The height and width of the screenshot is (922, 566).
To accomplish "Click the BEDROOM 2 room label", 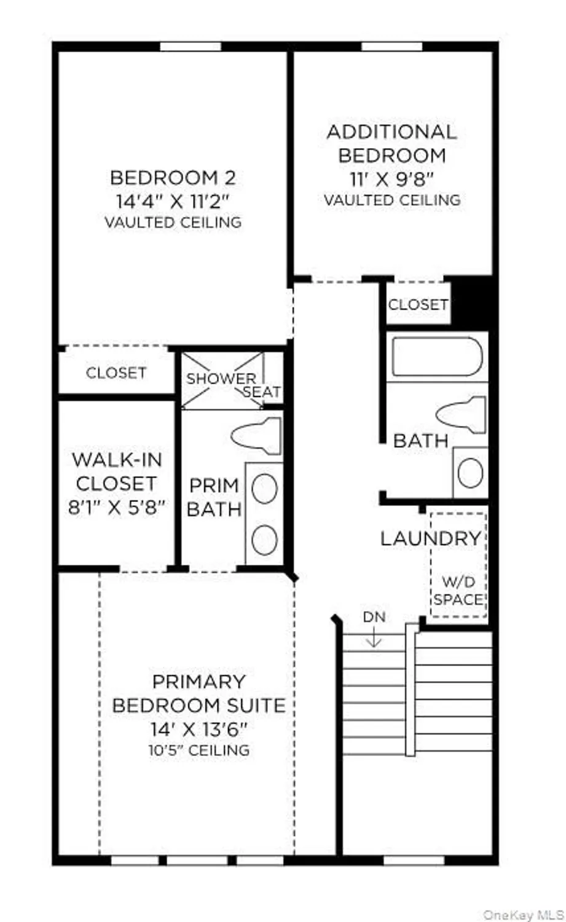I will [173, 178].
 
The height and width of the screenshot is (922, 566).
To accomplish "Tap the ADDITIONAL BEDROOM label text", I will [391, 143].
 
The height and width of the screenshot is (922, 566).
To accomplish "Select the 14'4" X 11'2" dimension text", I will [173, 201].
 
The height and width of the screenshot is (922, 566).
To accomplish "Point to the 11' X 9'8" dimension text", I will [392, 178].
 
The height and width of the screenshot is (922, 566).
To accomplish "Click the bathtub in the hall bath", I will [437, 356].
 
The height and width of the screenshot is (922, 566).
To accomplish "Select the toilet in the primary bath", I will [257, 435].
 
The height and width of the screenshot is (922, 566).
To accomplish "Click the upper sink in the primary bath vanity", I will [264, 489].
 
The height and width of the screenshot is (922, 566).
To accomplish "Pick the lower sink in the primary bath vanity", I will [264, 539].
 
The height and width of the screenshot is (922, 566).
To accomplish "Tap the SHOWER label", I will [221, 379].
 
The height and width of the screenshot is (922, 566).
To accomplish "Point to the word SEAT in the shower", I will [262, 392].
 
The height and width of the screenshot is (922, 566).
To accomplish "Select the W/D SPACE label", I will [458, 591].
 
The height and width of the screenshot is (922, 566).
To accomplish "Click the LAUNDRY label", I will [430, 538].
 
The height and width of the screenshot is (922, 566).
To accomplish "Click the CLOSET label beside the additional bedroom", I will [418, 304].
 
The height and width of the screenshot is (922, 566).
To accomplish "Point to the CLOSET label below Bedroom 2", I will [116, 372].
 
